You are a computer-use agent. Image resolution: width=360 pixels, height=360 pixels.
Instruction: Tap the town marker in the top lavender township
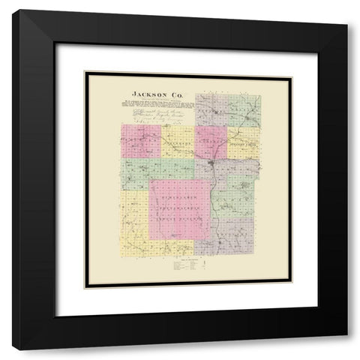point(214,112)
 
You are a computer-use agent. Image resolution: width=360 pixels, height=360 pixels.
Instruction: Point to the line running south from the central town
point(215,202)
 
